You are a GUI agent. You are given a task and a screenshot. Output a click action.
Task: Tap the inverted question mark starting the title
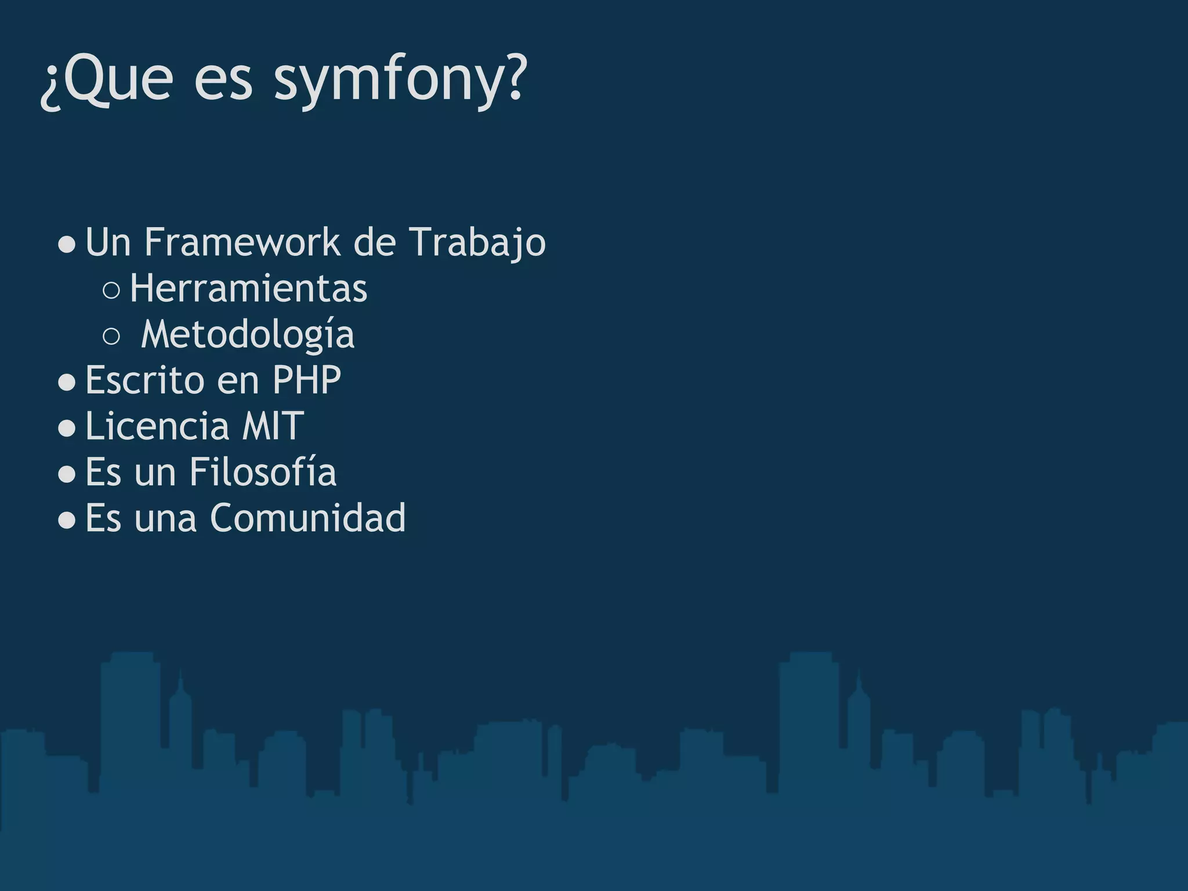point(50,87)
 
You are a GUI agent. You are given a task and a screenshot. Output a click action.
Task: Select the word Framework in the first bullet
point(242,242)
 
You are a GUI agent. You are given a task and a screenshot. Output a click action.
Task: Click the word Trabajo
point(477,242)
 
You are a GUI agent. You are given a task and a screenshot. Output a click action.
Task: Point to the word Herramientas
point(248,288)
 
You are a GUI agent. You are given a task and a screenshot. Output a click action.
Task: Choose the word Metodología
point(247,335)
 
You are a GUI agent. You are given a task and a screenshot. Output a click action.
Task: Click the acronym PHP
point(306,381)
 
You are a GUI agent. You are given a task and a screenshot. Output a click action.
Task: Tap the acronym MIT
point(273,426)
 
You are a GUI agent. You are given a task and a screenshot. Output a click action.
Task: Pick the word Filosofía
point(263,472)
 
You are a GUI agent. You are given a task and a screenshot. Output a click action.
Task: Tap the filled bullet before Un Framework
point(67,245)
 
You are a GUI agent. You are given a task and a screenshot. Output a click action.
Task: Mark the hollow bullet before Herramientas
point(111,290)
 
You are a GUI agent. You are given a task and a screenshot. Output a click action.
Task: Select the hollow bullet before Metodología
point(111,336)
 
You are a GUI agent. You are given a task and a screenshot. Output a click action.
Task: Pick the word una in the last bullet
point(165,518)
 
